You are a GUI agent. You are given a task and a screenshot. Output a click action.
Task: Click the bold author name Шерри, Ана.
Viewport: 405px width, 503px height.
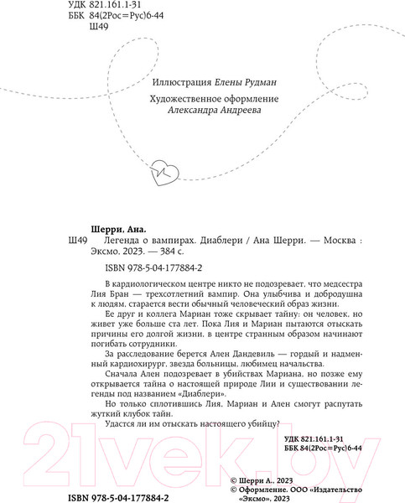pyautogui.click(x=117, y=228)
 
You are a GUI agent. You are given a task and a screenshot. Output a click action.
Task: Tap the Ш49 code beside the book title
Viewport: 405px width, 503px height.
pyautogui.click(x=75, y=241)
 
